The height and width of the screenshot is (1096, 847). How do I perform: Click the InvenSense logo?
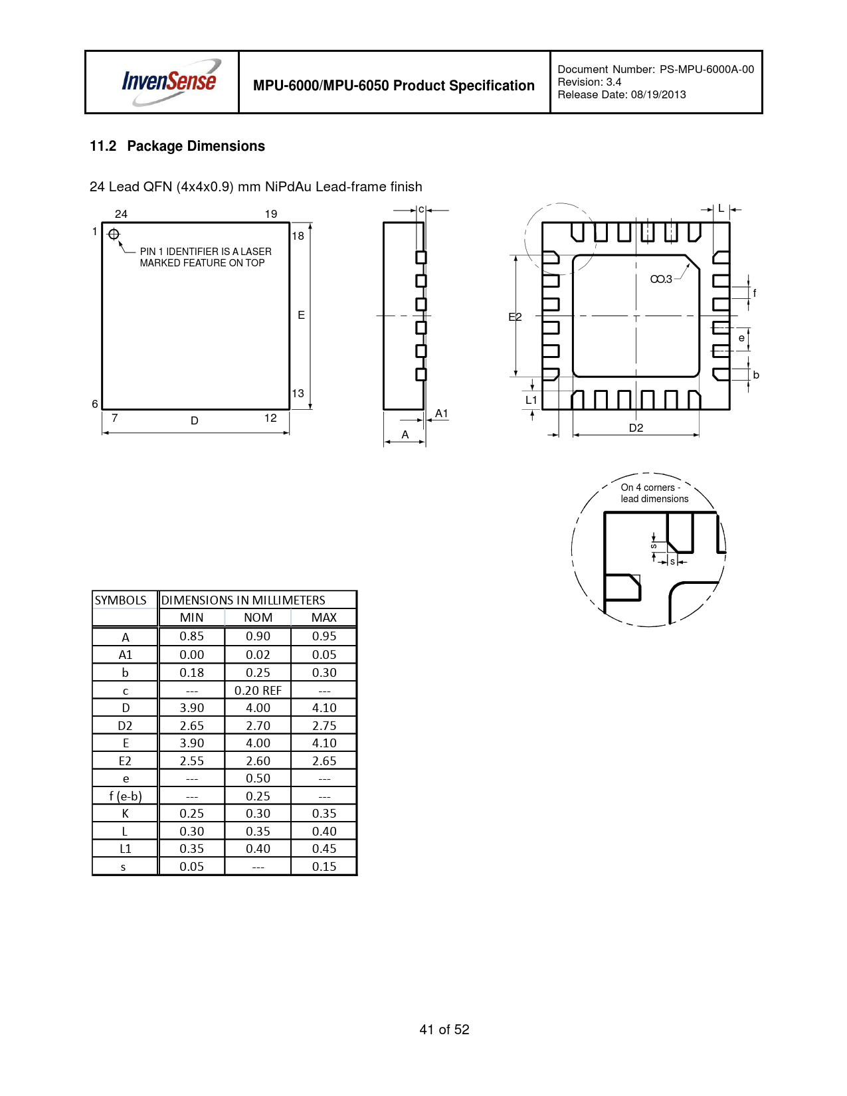(169, 82)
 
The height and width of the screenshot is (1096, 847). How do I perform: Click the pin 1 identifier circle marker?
(114, 234)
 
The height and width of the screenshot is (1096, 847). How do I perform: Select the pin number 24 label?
(121, 214)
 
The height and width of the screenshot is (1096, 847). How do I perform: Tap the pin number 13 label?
(298, 393)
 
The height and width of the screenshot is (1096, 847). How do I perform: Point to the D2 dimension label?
(636, 428)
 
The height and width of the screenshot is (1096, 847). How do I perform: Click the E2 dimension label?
(515, 317)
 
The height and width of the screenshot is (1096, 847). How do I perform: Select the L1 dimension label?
(531, 400)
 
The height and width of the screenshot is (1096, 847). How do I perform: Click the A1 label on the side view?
(441, 413)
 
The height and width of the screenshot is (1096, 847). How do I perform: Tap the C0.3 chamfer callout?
(661, 279)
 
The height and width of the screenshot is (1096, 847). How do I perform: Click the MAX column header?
(324, 617)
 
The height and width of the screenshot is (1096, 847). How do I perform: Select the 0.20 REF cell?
(258, 690)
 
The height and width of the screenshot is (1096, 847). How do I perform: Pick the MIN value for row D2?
(192, 725)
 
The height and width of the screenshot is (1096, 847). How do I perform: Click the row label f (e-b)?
(125, 796)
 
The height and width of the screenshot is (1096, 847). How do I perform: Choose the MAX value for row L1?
(324, 848)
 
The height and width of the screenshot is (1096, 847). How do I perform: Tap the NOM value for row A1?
(258, 654)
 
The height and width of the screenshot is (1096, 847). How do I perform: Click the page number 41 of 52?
(444, 1029)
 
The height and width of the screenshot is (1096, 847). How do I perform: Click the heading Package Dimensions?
(196, 146)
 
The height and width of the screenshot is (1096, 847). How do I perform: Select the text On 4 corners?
(647, 488)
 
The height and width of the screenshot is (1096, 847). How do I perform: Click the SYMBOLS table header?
(121, 600)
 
